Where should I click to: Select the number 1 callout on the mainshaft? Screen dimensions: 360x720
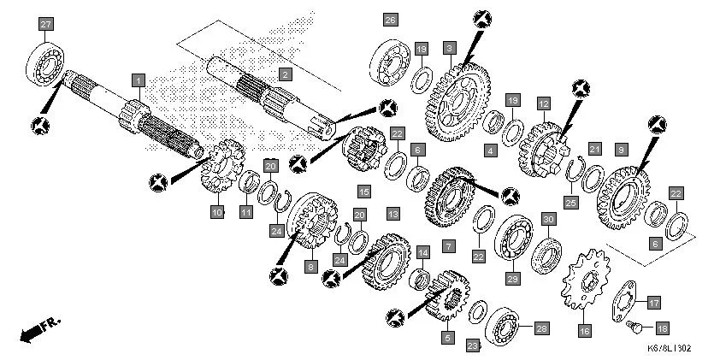[x=138, y=80]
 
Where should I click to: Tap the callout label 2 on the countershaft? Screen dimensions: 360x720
[x=284, y=75]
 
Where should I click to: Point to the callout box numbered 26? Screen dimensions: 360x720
[x=390, y=20]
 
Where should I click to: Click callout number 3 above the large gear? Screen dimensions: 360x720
[x=448, y=48]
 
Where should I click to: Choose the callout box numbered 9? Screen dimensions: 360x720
[x=621, y=148]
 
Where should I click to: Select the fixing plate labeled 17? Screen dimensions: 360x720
[x=629, y=304]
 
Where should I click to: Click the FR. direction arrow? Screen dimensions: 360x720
[x=38, y=328]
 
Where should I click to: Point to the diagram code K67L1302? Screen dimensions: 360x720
[x=669, y=348]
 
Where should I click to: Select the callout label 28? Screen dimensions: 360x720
[x=540, y=328]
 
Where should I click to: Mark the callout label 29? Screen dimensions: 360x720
[x=513, y=277]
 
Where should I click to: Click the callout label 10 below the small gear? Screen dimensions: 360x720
[x=217, y=211]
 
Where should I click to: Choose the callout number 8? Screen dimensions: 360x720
[x=311, y=266]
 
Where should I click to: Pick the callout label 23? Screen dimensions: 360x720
[x=472, y=345]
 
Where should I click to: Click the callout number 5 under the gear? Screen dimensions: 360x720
[x=446, y=337]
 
